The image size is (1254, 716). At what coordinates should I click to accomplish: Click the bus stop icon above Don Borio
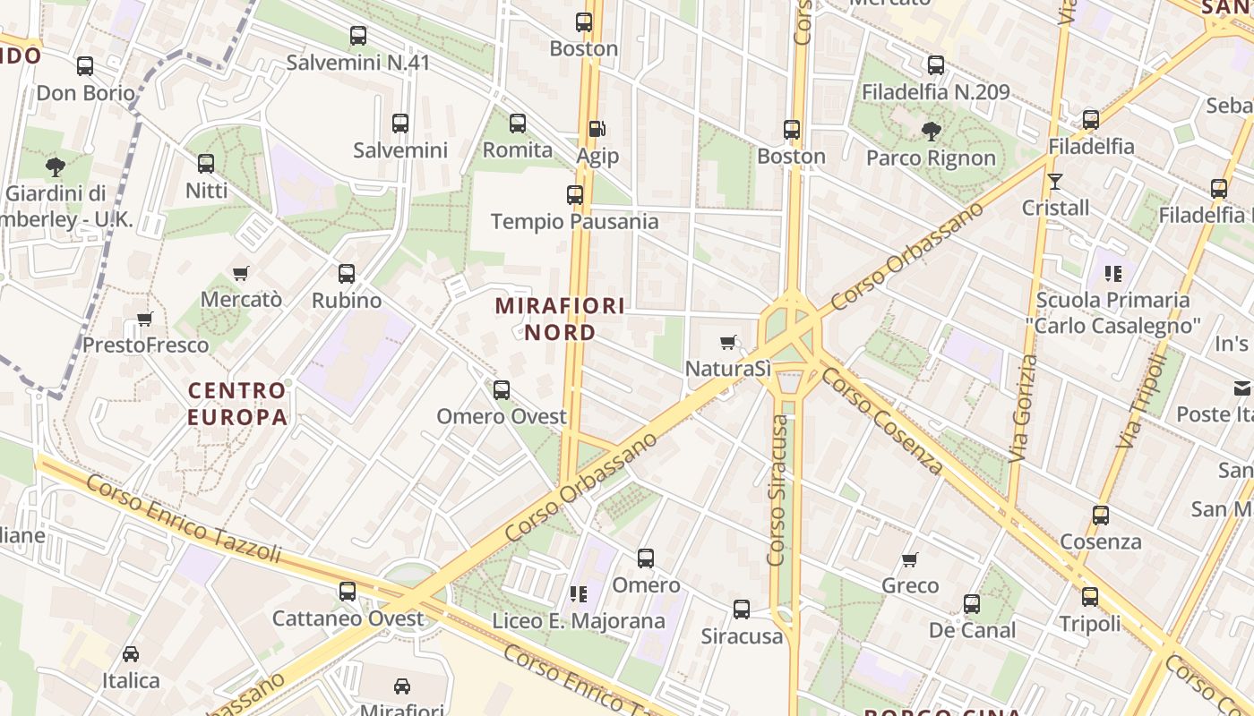click(85, 66)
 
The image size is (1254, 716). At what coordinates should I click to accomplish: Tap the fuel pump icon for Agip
click(597, 130)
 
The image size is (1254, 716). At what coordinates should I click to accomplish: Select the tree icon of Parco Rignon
click(932, 132)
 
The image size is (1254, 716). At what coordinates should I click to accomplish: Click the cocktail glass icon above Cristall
click(1055, 182)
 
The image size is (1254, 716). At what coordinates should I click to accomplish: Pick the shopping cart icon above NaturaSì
click(728, 342)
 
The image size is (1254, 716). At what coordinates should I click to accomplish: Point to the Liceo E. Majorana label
click(579, 621)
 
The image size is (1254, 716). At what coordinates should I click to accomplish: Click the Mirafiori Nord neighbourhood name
click(560, 319)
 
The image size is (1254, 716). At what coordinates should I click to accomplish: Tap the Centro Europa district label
click(237, 404)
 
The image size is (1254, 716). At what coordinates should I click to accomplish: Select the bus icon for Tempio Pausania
click(575, 194)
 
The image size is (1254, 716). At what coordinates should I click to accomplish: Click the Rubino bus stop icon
click(347, 274)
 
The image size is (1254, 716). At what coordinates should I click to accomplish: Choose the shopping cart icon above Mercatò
click(240, 273)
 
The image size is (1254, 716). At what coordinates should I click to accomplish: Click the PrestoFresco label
click(145, 345)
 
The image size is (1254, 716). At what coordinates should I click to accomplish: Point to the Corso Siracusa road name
click(777, 483)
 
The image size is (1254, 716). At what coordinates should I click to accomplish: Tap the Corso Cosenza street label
click(882, 421)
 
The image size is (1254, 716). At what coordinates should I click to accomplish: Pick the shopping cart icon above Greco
click(910, 559)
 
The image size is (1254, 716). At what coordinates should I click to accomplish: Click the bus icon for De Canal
click(972, 604)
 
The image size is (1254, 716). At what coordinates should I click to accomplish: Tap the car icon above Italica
click(131, 654)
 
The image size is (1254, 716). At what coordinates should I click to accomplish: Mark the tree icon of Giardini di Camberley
click(56, 166)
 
